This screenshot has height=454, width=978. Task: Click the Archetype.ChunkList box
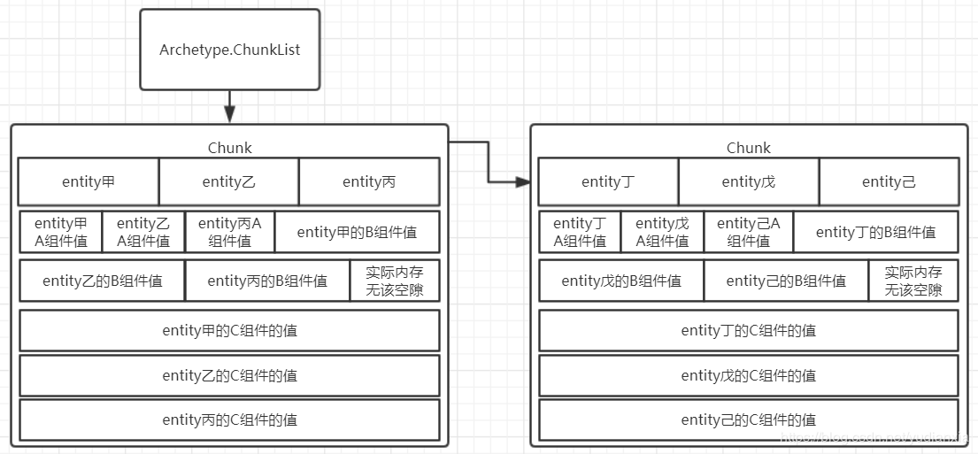[x=229, y=50]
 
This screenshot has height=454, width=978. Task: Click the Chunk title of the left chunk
[x=229, y=148]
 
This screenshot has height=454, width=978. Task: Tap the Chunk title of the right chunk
[x=748, y=148]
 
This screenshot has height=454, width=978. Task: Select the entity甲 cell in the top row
[x=89, y=181]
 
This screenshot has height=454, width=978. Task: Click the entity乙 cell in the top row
[x=228, y=181]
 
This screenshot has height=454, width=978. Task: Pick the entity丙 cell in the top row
[x=369, y=181]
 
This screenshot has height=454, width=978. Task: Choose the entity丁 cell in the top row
[x=608, y=181]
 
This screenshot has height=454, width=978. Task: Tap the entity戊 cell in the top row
[x=748, y=181]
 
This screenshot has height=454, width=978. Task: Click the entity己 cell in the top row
[x=889, y=181]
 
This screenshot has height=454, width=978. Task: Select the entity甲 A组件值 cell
[x=61, y=232]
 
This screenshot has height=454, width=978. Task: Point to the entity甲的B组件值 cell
[x=357, y=232]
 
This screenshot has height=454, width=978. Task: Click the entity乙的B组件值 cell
[x=103, y=281]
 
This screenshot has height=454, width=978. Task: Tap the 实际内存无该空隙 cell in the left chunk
[x=395, y=281]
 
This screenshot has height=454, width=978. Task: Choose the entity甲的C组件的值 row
[x=229, y=330]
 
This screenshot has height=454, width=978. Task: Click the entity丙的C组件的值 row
[x=229, y=419]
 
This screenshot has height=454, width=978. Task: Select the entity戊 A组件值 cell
[x=662, y=232]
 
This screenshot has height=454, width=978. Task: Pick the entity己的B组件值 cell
[x=786, y=281]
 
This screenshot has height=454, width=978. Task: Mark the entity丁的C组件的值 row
[x=748, y=330]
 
